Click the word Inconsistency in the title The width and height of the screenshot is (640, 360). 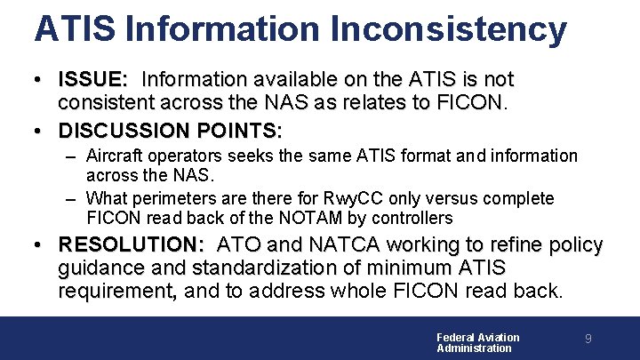448,28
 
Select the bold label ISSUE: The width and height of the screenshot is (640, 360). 96,80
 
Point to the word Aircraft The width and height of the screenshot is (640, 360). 116,156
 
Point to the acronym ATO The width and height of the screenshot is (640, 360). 240,244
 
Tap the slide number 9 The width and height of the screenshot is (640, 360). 588,339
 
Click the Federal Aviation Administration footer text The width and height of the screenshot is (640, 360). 477,342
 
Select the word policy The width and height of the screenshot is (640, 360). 573,244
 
